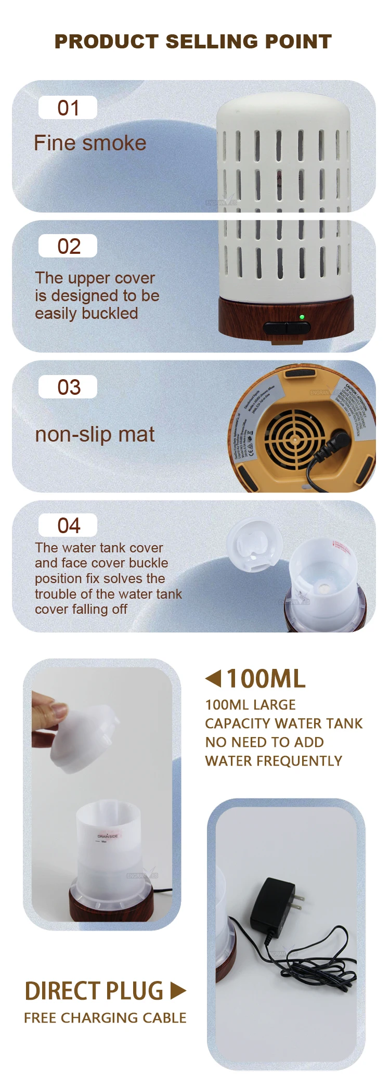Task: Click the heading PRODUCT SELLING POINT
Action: [x=193, y=42]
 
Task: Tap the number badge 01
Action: [x=68, y=108]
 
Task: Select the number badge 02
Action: [x=68, y=246]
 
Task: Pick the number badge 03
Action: [x=68, y=387]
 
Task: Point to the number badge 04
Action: [x=68, y=525]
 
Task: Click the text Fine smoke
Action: [x=90, y=143]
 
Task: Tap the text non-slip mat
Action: [x=95, y=434]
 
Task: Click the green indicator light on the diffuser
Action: [x=302, y=316]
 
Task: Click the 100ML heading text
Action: [x=266, y=679]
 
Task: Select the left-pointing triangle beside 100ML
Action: [x=213, y=678]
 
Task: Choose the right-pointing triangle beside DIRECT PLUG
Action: [x=177, y=991]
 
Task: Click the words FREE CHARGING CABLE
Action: [x=105, y=1018]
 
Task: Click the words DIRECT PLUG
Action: [x=94, y=991]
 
